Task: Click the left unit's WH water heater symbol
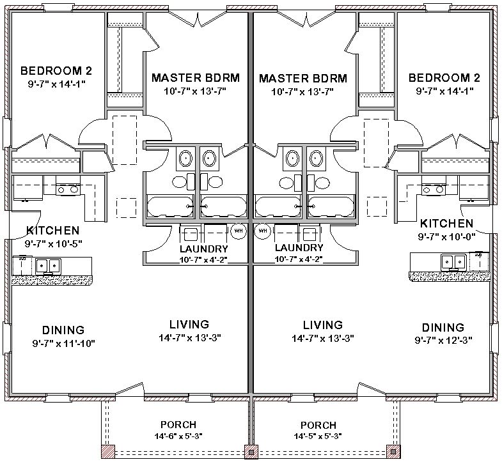(239, 231)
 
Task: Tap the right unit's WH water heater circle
(263, 231)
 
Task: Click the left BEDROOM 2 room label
(56, 71)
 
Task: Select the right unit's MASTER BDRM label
(303, 79)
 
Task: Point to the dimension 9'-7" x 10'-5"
(54, 244)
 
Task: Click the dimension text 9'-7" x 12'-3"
(443, 340)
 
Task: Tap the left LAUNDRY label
(203, 249)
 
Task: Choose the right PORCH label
(318, 425)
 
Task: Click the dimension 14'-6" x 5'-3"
(178, 436)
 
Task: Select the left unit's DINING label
(63, 330)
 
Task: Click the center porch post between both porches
(251, 452)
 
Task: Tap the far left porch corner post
(108, 451)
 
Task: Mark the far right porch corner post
(393, 451)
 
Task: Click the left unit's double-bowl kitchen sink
(49, 266)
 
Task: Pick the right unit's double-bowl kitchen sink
(453, 263)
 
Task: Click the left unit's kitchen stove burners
(67, 190)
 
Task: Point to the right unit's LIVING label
(323, 325)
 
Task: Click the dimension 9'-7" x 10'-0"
(446, 237)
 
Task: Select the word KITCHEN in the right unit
(446, 223)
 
